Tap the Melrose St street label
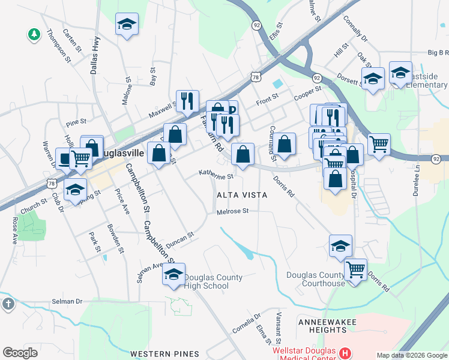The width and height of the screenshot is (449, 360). tap(232, 211)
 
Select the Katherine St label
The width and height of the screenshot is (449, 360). tap(216, 176)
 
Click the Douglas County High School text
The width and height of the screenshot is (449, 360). tap(213, 281)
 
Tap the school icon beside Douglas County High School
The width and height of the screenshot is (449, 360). tap(174, 275)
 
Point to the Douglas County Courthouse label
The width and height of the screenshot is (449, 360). tap(316, 279)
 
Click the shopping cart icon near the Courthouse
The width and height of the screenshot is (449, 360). tap(356, 270)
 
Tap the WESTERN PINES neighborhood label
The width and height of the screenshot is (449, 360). tap(157, 353)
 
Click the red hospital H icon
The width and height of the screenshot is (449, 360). tap(345, 353)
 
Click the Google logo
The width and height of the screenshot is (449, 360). tap(20, 352)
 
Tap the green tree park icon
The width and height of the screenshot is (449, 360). tap(34, 34)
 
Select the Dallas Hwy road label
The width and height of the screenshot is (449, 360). tap(94, 55)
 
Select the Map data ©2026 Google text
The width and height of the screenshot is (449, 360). tap(411, 355)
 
